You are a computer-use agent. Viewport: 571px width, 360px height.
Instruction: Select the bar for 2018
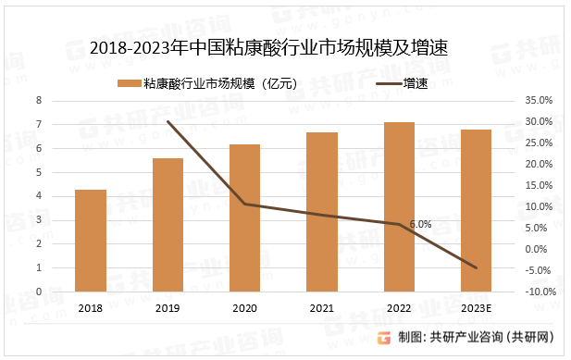coord(91,241)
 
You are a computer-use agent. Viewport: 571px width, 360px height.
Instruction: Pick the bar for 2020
coord(244,217)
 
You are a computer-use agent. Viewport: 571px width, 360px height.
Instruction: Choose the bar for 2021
coord(322,212)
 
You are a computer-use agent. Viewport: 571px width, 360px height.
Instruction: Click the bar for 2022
coord(399,207)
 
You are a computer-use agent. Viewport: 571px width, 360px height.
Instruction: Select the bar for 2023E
coord(476,211)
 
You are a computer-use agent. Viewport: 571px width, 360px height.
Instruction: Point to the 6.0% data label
coord(420,224)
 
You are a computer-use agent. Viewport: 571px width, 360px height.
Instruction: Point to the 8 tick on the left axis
coord(39,100)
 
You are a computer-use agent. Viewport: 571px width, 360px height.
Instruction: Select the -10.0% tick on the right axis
coord(540,292)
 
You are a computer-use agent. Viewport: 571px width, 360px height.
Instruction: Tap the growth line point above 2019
coord(168,121)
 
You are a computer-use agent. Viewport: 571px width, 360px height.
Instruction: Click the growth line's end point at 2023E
coord(476,268)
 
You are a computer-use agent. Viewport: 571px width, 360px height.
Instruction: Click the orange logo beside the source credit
coord(385,338)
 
